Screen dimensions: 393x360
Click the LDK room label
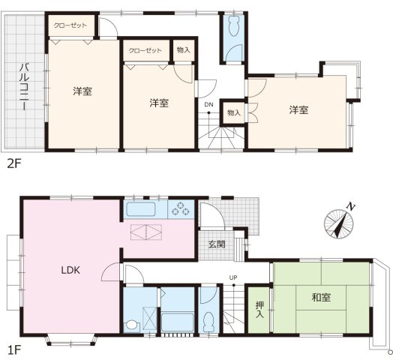tap(71, 270)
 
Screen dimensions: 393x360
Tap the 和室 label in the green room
tap(321, 298)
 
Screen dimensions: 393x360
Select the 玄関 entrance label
tap(217, 244)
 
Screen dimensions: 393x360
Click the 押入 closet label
tap(259, 310)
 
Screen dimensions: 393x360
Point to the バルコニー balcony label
tap(24, 87)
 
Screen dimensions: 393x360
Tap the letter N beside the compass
tap(351, 207)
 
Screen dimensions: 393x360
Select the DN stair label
tap(208, 104)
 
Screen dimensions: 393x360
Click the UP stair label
tap(233, 277)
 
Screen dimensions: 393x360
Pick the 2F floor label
tap(14, 164)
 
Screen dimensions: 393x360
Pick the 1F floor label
tap(13, 350)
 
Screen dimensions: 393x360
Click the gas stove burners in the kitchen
tap(181, 209)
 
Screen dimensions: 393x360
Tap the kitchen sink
tap(141, 209)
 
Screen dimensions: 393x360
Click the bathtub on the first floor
tap(178, 322)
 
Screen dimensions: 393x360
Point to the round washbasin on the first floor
tap(132, 325)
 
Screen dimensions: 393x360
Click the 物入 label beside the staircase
tap(234, 113)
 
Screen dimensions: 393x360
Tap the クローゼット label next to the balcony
tap(70, 25)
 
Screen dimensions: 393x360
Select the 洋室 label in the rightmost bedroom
tap(298, 109)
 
